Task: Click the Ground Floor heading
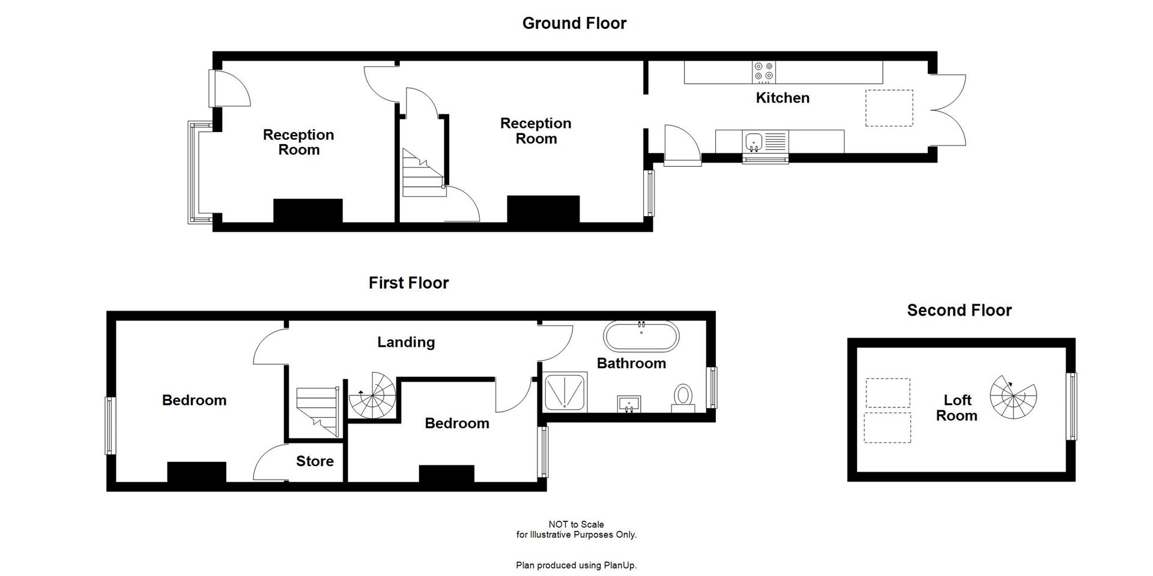click(574, 23)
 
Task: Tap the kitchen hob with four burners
click(764, 72)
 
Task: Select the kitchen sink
click(753, 142)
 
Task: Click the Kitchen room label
click(782, 98)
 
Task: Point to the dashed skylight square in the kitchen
click(889, 108)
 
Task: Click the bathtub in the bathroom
click(641, 337)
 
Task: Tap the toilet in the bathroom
click(683, 398)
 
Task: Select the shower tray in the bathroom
click(565, 393)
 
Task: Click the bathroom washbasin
click(629, 403)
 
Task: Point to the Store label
click(315, 461)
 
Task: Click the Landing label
click(406, 342)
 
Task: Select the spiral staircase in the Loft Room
click(1012, 397)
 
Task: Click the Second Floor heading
click(959, 310)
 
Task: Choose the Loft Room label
click(957, 408)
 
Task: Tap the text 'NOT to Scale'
click(576, 524)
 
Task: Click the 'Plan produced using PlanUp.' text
click(576, 565)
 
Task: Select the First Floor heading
click(408, 283)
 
